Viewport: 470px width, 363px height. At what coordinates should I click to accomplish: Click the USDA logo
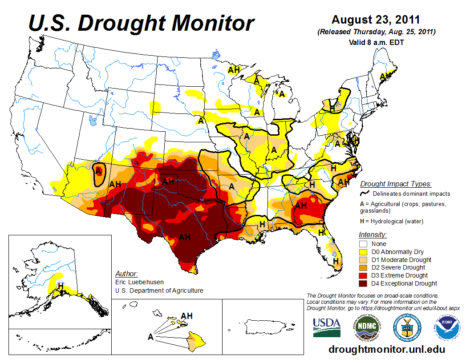pyautogui.click(x=327, y=327)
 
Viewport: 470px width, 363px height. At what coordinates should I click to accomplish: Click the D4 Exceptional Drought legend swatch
pyautogui.click(x=363, y=283)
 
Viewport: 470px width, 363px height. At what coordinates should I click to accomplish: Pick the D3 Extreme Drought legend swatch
pyautogui.click(x=363, y=275)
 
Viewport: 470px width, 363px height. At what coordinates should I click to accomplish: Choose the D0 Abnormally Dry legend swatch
pyautogui.click(x=363, y=252)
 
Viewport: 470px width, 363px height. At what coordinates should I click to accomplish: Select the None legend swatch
pyautogui.click(x=363, y=244)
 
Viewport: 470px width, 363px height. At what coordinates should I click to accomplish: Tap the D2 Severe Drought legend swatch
pyautogui.click(x=363, y=267)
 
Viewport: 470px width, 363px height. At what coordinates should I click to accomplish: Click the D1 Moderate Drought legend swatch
pyautogui.click(x=363, y=260)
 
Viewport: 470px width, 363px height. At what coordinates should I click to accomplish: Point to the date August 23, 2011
pyautogui.click(x=376, y=20)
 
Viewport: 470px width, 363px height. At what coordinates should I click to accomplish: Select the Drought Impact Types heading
pyautogui.click(x=396, y=184)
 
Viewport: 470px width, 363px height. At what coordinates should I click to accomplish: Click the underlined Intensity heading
pyautogui.click(x=373, y=234)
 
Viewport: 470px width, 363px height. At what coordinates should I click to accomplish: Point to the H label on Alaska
pyautogui.click(x=61, y=285)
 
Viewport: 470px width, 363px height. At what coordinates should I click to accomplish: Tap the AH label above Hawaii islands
pyautogui.click(x=187, y=316)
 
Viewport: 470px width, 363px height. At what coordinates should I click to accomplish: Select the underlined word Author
pyautogui.click(x=126, y=274)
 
